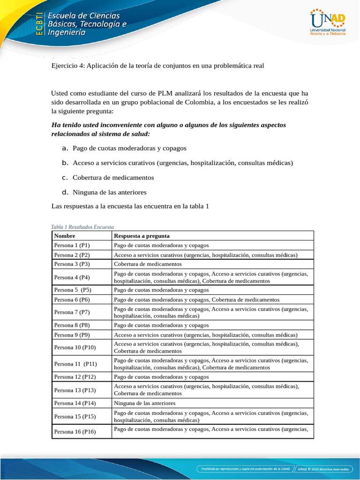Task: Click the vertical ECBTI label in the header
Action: click(x=39, y=23)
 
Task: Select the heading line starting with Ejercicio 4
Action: click(x=157, y=66)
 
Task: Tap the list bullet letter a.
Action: click(x=65, y=148)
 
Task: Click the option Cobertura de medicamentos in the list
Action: click(x=113, y=178)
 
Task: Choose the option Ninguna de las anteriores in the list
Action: click(x=110, y=192)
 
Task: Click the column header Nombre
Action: click(x=65, y=236)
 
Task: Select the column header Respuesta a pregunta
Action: click(x=142, y=236)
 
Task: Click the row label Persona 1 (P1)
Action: click(x=72, y=245)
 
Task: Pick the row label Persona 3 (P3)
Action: click(x=72, y=264)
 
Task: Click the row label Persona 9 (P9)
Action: click(x=72, y=335)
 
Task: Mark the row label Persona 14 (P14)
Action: click(x=75, y=403)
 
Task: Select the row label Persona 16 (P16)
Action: click(x=75, y=432)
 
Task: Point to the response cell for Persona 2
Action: click(x=205, y=255)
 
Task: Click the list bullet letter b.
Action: click(x=65, y=163)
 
